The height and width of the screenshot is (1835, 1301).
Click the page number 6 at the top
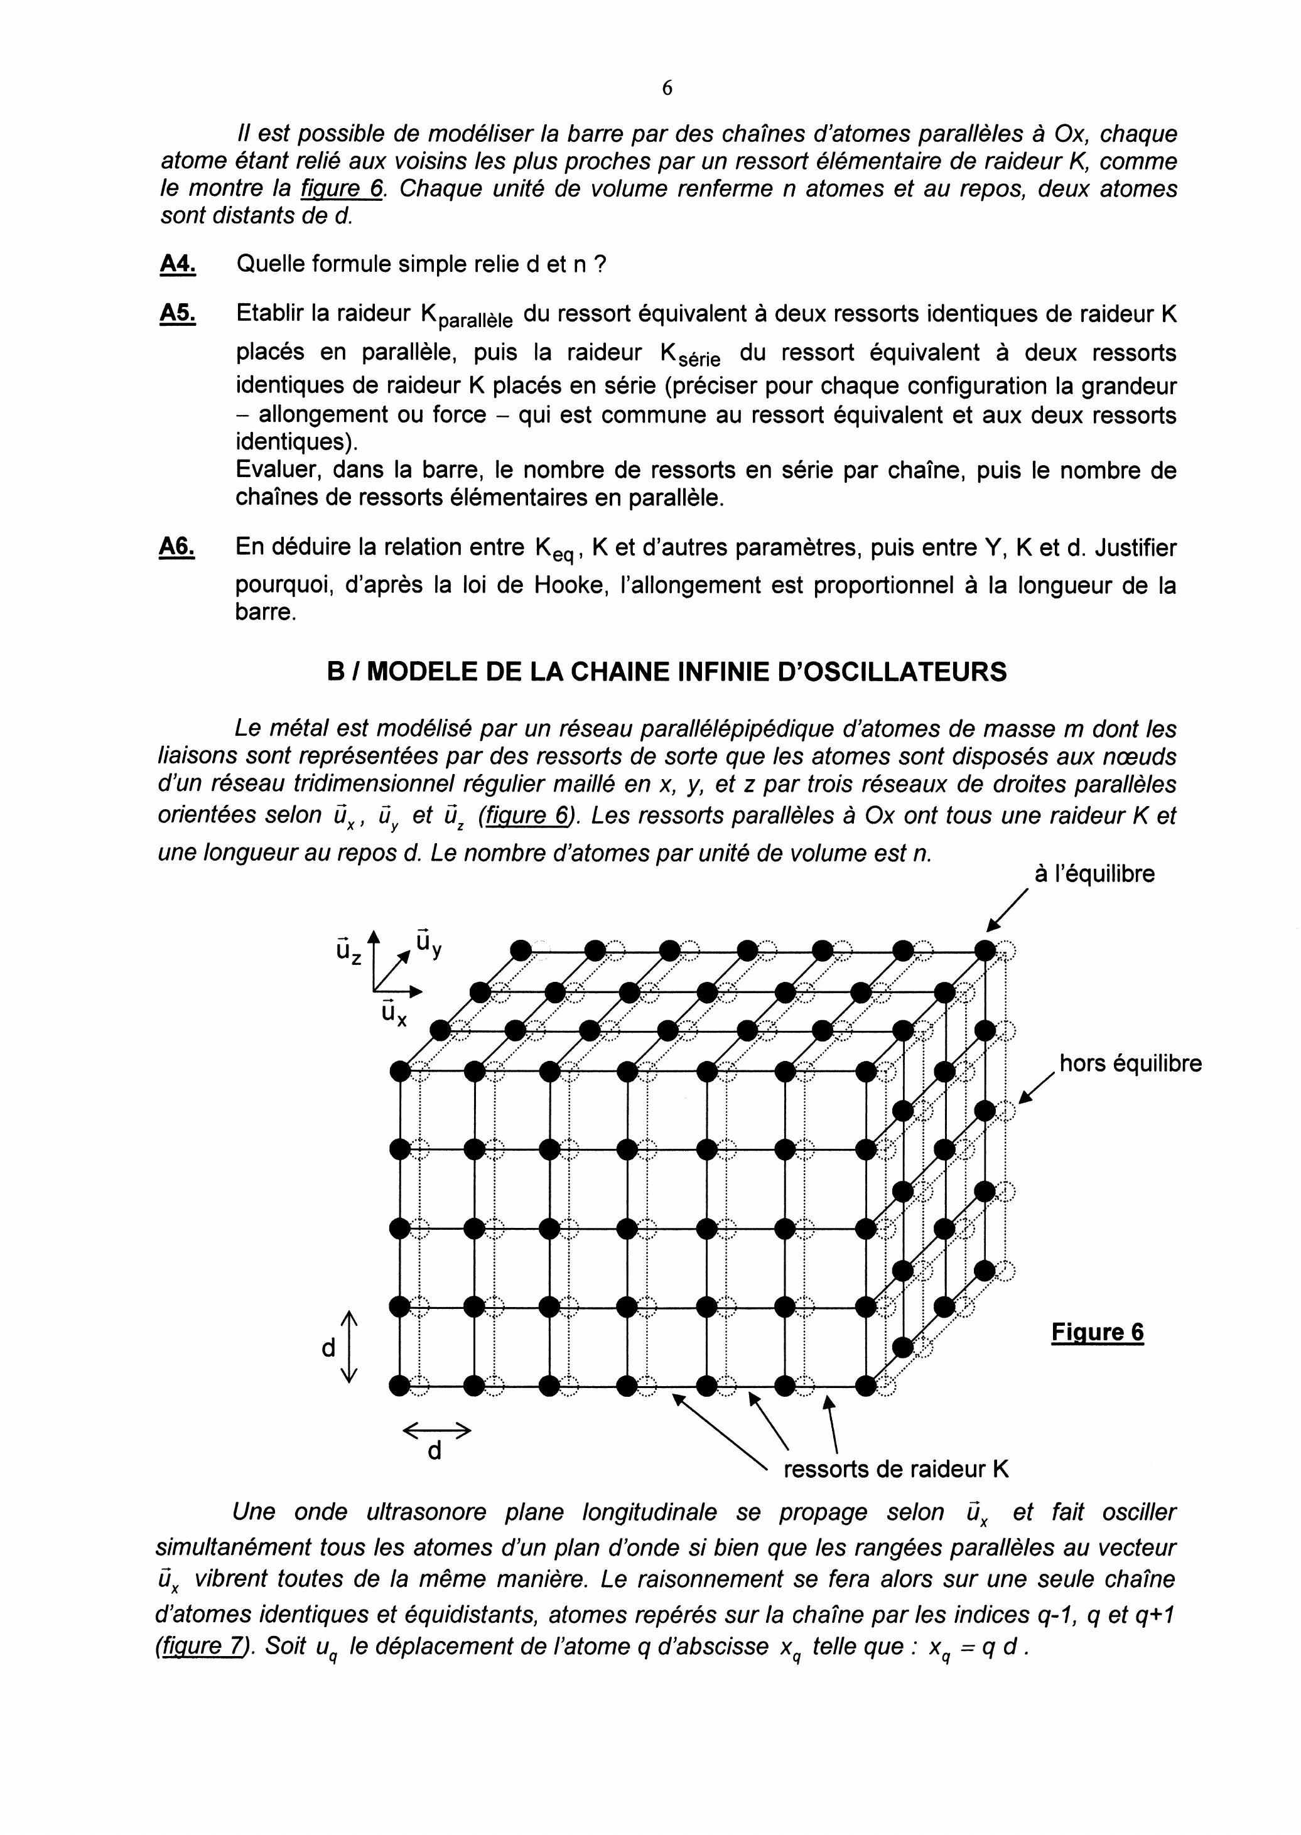[x=667, y=88]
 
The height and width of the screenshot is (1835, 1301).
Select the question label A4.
[x=178, y=264]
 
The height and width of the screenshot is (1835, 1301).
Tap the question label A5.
[x=178, y=313]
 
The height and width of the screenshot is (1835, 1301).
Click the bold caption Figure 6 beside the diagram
[x=1097, y=1332]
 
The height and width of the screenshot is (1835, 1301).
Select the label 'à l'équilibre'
[x=1094, y=874]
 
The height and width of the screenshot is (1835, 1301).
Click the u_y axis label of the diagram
[x=429, y=943]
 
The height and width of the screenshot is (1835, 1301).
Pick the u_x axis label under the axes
[x=393, y=1013]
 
